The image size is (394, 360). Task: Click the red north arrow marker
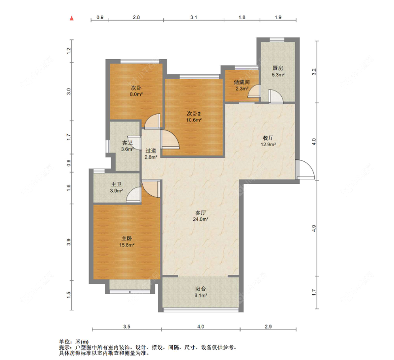click(72, 18)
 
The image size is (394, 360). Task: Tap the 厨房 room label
click(277, 68)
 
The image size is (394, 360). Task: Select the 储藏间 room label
click(242, 82)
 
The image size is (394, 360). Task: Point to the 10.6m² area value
click(194, 120)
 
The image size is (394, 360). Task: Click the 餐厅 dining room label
click(268, 138)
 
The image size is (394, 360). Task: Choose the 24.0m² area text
click(201, 219)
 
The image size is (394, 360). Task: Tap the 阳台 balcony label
click(201, 289)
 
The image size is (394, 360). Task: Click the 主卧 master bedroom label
click(126, 238)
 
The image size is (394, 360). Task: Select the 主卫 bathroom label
click(117, 184)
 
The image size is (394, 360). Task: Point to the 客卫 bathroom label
click(127, 143)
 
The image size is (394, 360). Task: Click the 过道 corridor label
click(151, 150)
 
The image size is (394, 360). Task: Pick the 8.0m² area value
click(136, 94)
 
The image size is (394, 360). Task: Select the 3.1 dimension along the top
click(194, 17)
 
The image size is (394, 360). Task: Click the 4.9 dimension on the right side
click(314, 228)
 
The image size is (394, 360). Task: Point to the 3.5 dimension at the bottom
click(127, 327)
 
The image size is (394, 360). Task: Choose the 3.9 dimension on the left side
click(69, 242)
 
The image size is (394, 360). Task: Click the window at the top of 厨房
click(277, 39)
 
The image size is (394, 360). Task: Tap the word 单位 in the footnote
click(64, 342)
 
